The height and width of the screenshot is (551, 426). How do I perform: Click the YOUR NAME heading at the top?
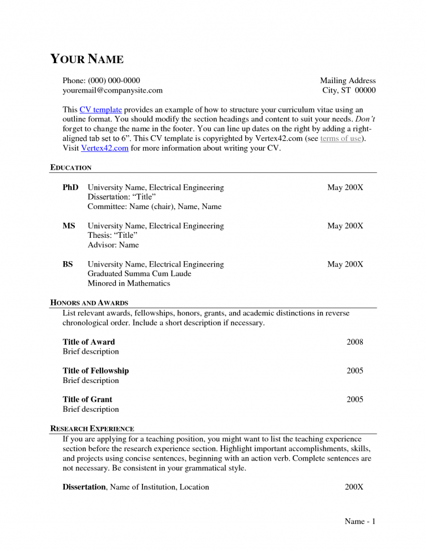point(87,59)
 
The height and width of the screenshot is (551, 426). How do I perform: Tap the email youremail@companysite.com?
point(113,90)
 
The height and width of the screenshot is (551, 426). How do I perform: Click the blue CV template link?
point(100,110)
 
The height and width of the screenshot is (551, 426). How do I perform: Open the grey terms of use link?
point(341,139)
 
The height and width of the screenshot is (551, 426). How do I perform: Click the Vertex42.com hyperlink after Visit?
point(105,148)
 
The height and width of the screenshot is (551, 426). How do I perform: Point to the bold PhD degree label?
point(70,188)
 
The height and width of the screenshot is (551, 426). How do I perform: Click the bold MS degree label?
point(69,226)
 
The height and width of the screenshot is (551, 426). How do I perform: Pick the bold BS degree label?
point(68,264)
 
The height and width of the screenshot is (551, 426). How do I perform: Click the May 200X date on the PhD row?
point(345,188)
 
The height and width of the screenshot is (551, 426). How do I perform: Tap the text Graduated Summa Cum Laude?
point(139,274)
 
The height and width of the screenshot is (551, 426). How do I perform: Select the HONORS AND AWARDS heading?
point(89,303)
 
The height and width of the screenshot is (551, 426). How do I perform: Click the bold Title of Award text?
point(89,342)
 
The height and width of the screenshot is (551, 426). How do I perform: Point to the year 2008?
point(354,342)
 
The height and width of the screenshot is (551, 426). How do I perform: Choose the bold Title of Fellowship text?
point(95,371)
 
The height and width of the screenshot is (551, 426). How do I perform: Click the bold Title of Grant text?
point(87,400)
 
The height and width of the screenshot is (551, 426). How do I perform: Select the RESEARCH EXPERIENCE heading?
point(92,428)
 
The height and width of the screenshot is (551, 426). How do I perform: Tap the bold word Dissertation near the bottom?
point(84,487)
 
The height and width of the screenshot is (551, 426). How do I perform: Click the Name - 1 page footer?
point(360,522)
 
